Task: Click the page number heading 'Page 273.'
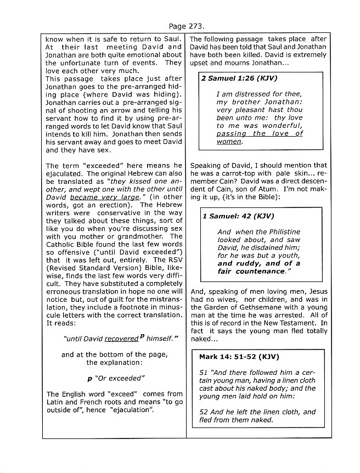click(179, 25)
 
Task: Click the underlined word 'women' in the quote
click(229, 142)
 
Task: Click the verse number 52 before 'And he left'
click(204, 412)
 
